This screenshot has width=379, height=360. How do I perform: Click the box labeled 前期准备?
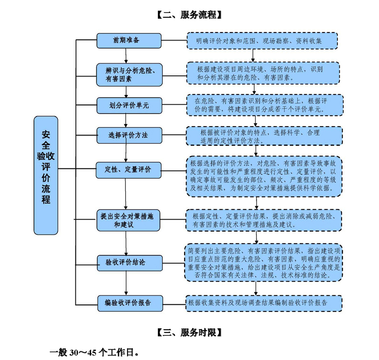click(129, 41)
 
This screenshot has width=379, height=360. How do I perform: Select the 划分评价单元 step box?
click(129, 105)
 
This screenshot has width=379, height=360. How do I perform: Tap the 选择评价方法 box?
click(129, 135)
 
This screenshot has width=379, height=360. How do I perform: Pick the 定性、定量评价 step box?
click(129, 170)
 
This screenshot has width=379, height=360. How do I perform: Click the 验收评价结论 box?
click(129, 262)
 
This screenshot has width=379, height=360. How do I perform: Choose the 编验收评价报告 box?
click(129, 303)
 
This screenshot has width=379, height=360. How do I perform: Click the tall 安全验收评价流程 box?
click(46, 175)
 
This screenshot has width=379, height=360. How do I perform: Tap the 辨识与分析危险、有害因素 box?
click(129, 74)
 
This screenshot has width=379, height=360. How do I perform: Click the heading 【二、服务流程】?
click(189, 15)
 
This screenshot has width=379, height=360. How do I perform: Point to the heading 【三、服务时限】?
click(189, 332)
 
